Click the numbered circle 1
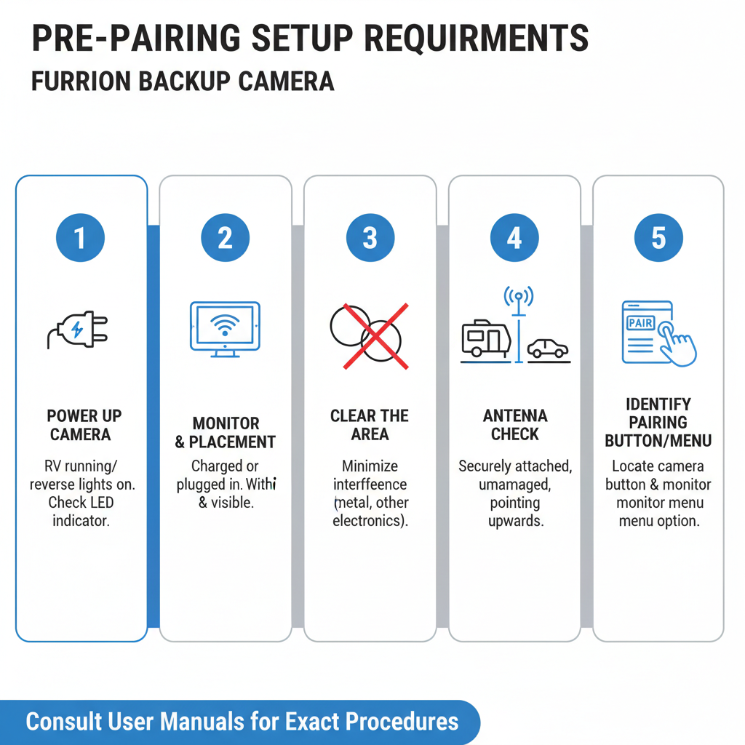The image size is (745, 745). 80,238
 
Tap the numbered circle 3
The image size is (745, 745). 370,238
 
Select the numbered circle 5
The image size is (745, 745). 658,238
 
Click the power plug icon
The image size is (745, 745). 78,329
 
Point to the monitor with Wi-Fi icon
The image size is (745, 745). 225,329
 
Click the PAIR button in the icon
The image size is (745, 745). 640,322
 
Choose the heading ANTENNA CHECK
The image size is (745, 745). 514,425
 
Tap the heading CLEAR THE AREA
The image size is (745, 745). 370,425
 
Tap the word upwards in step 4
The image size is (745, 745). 514,521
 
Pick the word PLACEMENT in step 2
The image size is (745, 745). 232,442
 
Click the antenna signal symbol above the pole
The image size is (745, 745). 518,296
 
